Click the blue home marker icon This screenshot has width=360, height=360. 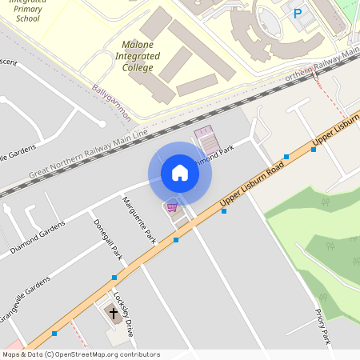180,173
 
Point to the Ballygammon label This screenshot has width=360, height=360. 111,102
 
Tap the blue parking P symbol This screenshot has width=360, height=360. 298,13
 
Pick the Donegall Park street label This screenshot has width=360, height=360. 107,240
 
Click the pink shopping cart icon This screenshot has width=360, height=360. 171,207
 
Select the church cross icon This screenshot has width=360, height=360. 113,312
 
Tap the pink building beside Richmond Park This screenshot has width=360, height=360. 206,139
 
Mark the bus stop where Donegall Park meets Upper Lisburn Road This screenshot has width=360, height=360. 114,277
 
